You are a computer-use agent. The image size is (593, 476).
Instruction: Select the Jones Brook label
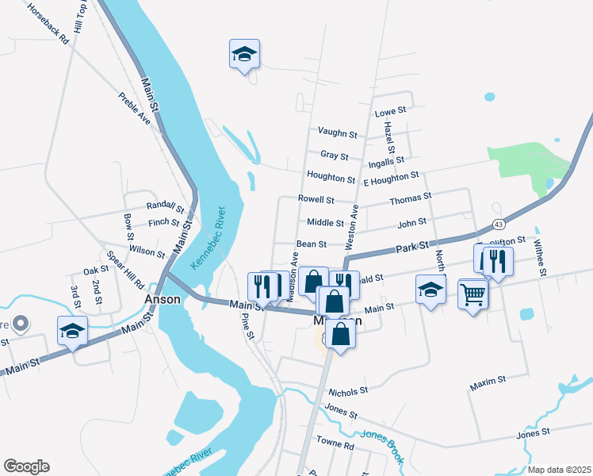(x=383, y=447)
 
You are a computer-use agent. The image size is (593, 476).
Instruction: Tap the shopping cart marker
(x=472, y=294)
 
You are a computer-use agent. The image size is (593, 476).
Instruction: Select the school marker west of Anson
(x=72, y=331)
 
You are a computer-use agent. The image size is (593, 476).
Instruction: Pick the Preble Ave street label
(x=134, y=108)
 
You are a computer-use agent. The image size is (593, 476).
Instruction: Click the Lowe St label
(x=390, y=112)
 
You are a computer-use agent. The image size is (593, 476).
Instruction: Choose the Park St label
(x=411, y=248)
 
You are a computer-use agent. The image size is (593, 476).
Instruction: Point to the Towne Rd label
(x=335, y=444)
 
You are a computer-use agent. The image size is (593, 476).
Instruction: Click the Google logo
(x=26, y=466)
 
